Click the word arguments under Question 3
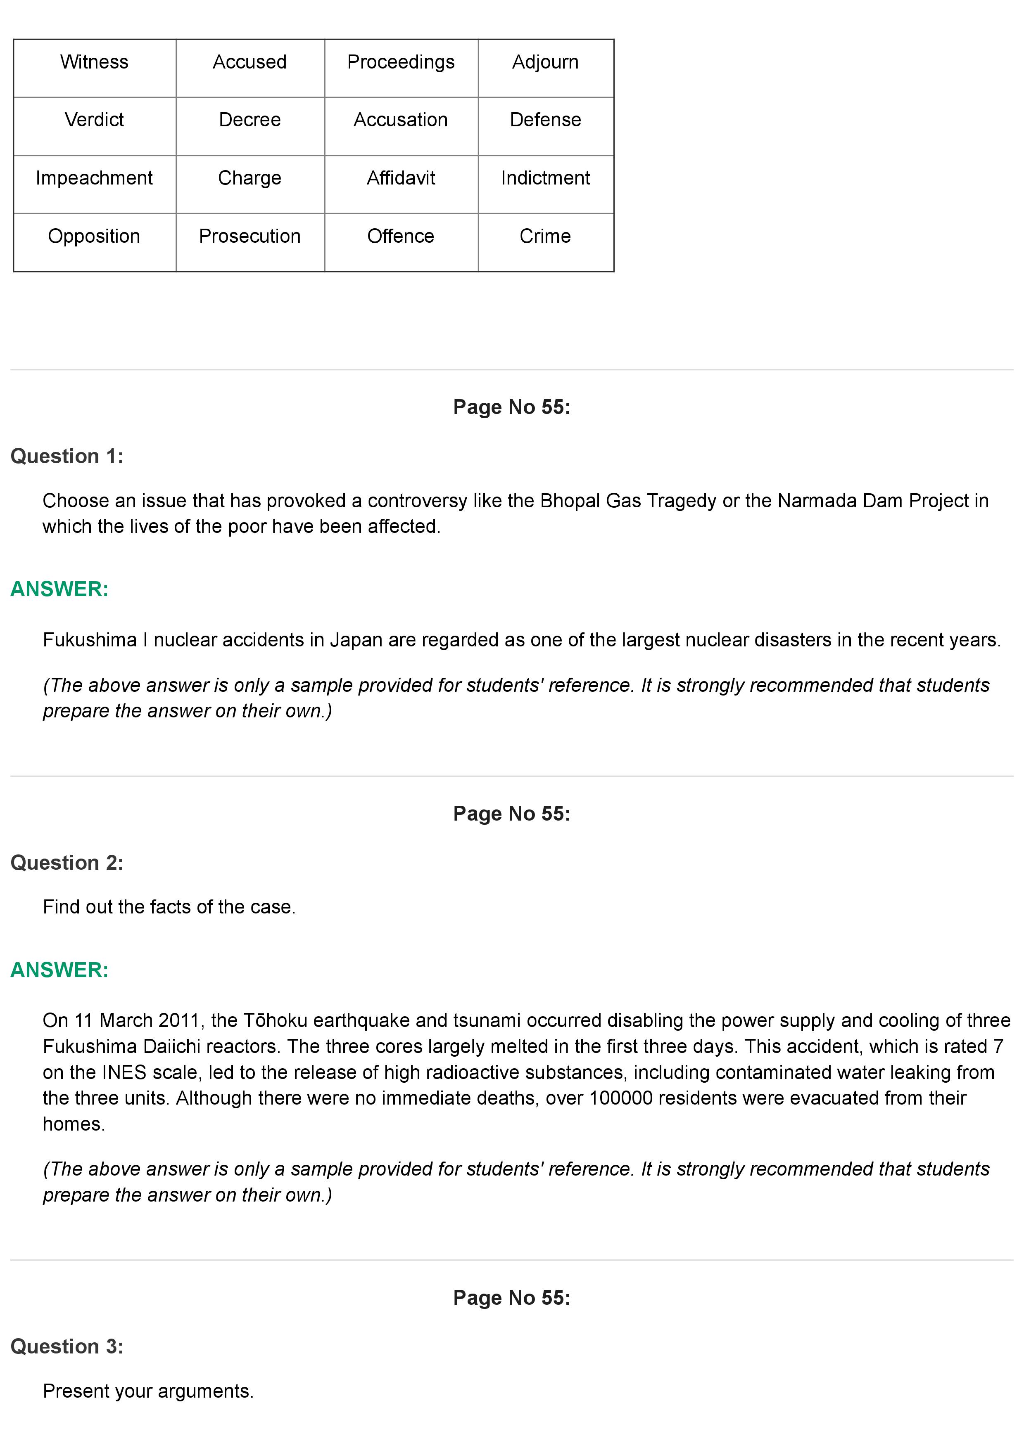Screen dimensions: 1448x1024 click(x=205, y=1391)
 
